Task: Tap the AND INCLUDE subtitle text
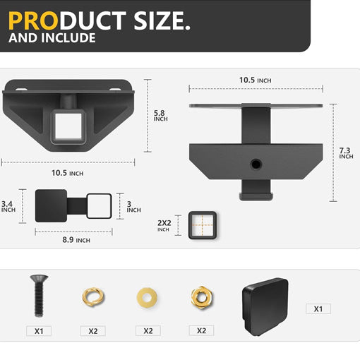coord(52,38)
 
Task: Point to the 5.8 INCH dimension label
coord(161,116)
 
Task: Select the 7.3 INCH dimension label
coord(345,153)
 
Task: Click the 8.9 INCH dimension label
coord(73,241)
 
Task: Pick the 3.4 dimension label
coord(8,206)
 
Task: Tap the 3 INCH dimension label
coord(133,207)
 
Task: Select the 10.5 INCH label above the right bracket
coord(255,80)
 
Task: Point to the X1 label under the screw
coord(39,330)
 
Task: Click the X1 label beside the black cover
coord(318,308)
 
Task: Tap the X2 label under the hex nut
coord(201,330)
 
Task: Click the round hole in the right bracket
coord(255,164)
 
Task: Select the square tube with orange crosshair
coord(203,225)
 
